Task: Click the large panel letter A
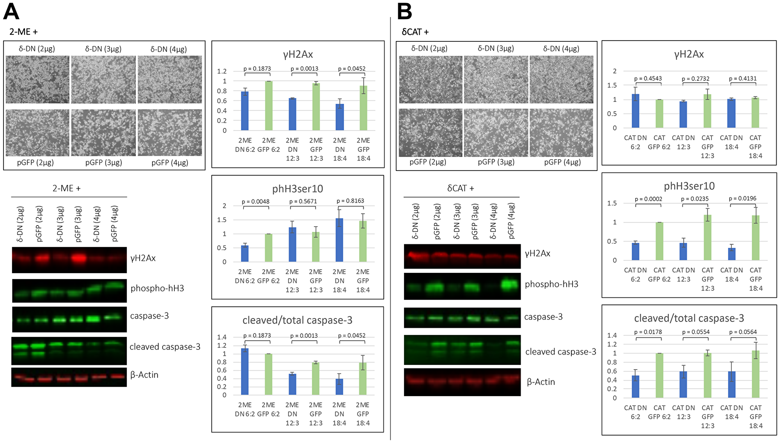click(x=11, y=12)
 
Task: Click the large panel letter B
click(x=404, y=12)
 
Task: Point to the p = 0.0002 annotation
click(x=648, y=199)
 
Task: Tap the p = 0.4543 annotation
click(x=648, y=78)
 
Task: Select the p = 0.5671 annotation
click(x=303, y=201)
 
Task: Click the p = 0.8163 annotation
click(x=350, y=201)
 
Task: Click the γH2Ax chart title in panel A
click(x=298, y=54)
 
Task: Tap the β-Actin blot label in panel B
click(x=541, y=382)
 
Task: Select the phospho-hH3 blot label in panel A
click(x=157, y=288)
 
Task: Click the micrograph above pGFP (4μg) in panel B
click(x=562, y=133)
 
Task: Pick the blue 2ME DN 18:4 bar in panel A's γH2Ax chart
click(x=340, y=117)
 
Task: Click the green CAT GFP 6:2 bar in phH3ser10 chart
click(x=659, y=241)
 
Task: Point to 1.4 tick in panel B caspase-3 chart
click(x=612, y=335)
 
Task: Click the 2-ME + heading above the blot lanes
click(x=67, y=189)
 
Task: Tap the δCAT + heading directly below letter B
click(x=415, y=32)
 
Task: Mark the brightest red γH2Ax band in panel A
click(x=79, y=258)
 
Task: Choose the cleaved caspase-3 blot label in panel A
click(x=165, y=347)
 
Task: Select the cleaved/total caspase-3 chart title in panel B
click(x=689, y=318)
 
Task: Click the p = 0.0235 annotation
click(x=695, y=199)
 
